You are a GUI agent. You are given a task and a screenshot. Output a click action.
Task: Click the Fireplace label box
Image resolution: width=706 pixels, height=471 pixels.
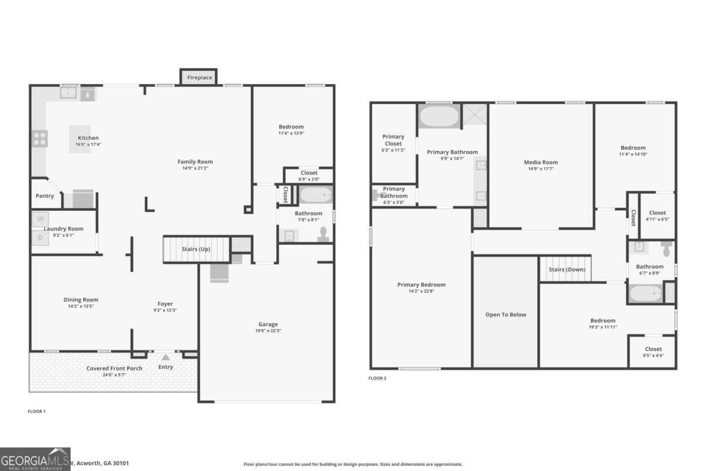(199, 77)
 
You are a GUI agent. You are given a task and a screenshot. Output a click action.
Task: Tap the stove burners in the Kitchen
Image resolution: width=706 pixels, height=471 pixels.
(40, 138)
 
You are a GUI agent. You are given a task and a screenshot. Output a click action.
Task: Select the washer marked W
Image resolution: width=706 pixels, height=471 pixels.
(40, 219)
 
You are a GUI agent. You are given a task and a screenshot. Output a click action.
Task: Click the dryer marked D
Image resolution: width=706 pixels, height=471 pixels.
(40, 237)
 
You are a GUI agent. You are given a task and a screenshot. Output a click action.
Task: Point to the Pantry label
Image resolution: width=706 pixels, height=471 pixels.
(45, 196)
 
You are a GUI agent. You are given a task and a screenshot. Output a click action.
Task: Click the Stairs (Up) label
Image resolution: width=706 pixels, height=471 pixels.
(195, 249)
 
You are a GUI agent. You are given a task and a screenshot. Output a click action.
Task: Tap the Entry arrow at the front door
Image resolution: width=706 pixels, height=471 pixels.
(166, 357)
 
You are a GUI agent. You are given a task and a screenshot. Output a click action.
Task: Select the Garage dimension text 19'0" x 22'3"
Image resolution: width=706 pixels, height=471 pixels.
(268, 331)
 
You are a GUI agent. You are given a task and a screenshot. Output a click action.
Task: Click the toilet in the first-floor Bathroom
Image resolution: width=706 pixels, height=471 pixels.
(323, 235)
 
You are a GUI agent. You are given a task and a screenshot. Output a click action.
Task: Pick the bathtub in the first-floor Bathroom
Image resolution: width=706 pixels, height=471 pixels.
(316, 195)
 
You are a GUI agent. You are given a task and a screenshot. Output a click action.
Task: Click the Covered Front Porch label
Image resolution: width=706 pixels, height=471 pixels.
(114, 369)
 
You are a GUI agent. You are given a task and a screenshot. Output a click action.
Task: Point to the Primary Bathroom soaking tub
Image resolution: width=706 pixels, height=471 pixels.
(439, 116)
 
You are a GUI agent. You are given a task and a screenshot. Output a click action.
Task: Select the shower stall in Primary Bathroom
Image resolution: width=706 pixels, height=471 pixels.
(474, 115)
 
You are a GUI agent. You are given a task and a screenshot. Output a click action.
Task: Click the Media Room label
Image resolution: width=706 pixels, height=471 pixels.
(541, 162)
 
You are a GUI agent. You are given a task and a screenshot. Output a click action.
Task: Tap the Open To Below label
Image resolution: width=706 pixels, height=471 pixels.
(505, 314)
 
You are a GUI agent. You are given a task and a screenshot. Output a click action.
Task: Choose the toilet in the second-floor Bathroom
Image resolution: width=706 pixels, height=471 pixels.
(666, 249)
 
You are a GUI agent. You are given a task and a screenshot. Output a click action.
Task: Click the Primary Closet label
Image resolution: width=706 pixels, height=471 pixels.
(393, 140)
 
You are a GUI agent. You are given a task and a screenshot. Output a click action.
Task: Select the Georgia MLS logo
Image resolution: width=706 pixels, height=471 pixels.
(35, 459)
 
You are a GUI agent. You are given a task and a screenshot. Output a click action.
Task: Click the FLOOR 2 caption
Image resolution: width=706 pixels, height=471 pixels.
(377, 378)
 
